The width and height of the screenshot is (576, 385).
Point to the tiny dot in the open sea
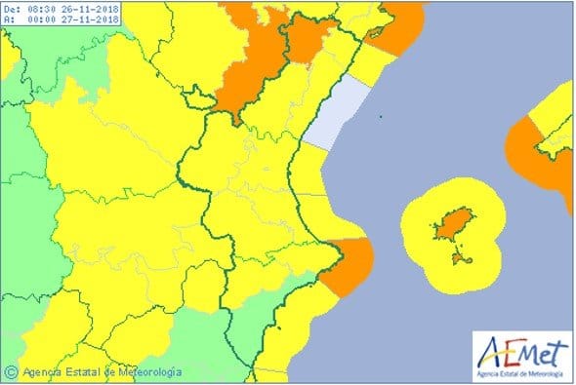(382, 119)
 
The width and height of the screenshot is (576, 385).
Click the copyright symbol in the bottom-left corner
(11, 371)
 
